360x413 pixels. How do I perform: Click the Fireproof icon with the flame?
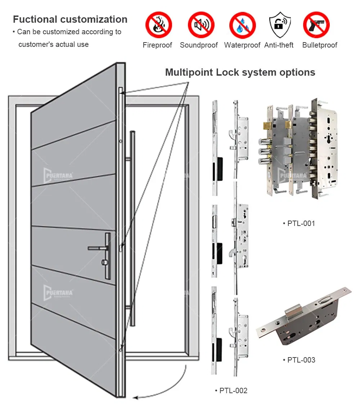coord(158,25)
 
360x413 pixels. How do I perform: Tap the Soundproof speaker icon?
coord(201,25)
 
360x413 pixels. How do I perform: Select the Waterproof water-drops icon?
coord(242,25)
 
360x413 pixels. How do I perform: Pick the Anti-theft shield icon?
coord(280,25)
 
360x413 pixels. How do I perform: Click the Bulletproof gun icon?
coord(316,25)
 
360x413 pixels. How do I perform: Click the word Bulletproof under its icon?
coord(320,45)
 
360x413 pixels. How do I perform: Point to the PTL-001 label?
coord(301,223)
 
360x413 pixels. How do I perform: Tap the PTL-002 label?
coord(233,391)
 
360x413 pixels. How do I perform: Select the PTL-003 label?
coord(301,360)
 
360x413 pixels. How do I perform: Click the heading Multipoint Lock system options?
coord(240,72)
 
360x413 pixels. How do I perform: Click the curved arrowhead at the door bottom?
coord(136,398)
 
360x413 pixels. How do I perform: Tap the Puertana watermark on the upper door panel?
coord(58,176)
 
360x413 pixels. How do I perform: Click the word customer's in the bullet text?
coord(35,44)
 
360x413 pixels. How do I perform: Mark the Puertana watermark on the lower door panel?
coord(58,292)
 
